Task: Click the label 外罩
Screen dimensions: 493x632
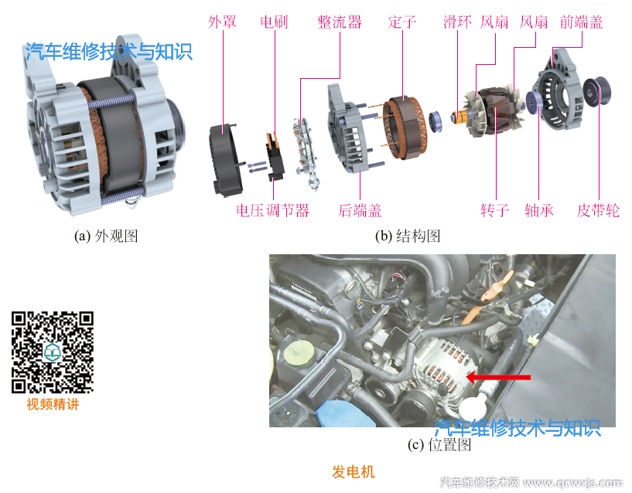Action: (x=223, y=22)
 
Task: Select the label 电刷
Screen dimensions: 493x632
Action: (x=274, y=22)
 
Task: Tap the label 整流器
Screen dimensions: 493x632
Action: (x=340, y=22)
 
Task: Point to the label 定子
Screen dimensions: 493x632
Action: (x=402, y=22)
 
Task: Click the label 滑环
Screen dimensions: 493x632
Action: (x=456, y=22)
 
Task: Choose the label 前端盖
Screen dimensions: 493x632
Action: (x=581, y=22)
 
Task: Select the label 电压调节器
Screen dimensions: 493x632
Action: (x=273, y=210)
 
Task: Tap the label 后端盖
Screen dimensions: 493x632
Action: (x=360, y=210)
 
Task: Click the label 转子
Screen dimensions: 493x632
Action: (x=495, y=210)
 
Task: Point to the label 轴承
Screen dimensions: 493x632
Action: (x=539, y=210)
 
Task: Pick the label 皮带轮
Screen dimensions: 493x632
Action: (x=599, y=210)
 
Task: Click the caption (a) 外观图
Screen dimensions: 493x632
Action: (x=106, y=236)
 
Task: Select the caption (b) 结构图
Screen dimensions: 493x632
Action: (x=408, y=236)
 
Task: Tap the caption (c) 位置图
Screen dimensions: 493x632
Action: (x=439, y=445)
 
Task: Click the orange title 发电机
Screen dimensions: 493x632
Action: (x=354, y=471)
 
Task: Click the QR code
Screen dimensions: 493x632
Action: (x=53, y=352)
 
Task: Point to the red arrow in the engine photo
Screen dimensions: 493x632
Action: (x=501, y=377)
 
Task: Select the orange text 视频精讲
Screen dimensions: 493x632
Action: (x=53, y=404)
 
